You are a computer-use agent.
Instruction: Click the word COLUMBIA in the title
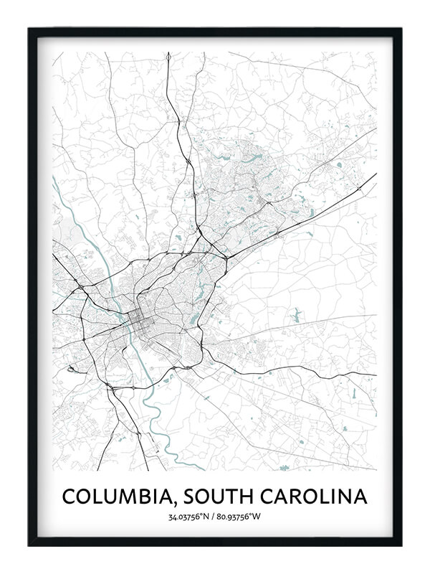tap(109, 496)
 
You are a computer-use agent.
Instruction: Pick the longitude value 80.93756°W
tap(244, 517)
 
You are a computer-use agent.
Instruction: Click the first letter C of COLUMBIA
tap(68, 496)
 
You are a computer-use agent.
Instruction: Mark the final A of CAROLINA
tap(360, 496)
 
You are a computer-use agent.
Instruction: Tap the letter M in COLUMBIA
tap(123, 496)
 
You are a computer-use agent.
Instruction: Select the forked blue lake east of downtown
tap(296, 314)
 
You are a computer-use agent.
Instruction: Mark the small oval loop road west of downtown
tap(72, 370)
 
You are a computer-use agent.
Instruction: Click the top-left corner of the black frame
tap(29, 29)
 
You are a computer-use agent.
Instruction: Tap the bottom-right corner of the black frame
tap(401, 545)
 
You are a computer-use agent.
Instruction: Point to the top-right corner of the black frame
tap(401, 29)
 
